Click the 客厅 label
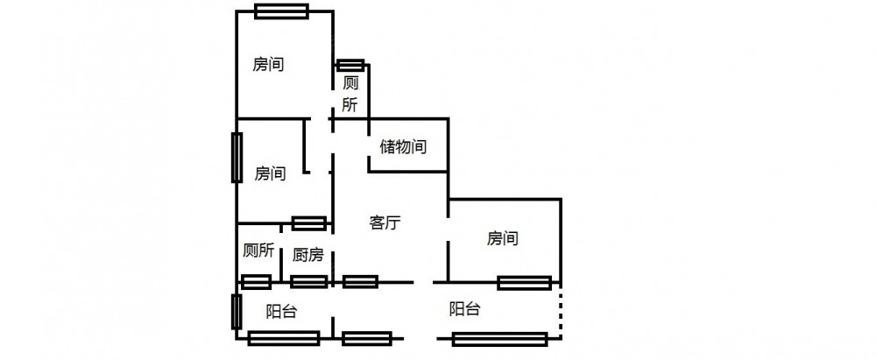(385, 222)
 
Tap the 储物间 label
(403, 147)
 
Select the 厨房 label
(307, 256)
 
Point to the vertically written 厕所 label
(350, 94)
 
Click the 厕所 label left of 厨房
(258, 250)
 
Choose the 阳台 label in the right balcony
(463, 308)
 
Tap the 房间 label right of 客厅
(503, 237)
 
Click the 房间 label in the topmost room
(268, 64)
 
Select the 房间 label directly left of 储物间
(270, 173)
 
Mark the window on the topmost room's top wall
(281, 11)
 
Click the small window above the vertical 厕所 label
(350, 65)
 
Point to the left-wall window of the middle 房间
(237, 158)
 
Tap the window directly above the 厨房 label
(309, 222)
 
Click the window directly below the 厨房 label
(309, 281)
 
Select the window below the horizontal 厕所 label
(256, 281)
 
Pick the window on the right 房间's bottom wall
(525, 282)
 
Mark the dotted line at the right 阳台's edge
(561, 311)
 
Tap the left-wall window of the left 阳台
(237, 312)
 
